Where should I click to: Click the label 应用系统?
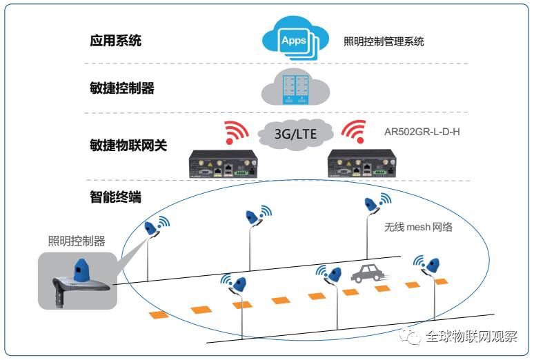pos(115,40)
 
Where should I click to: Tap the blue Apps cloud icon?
pos(294,40)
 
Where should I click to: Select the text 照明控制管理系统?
pos(384,41)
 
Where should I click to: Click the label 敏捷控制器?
pos(121,88)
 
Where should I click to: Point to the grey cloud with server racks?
pos(295,87)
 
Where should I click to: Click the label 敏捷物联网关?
pos(128,146)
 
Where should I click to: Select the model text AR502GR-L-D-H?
pos(422,131)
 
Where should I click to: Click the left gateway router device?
pos(222,163)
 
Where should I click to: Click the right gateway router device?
pos(362,163)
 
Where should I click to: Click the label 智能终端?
pos(115,197)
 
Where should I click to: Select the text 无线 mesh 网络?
pos(418,226)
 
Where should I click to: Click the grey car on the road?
pos(367,274)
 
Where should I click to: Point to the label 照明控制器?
pos(77,241)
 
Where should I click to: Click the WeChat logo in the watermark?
pos(415,337)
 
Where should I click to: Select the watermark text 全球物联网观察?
pos(471,337)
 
